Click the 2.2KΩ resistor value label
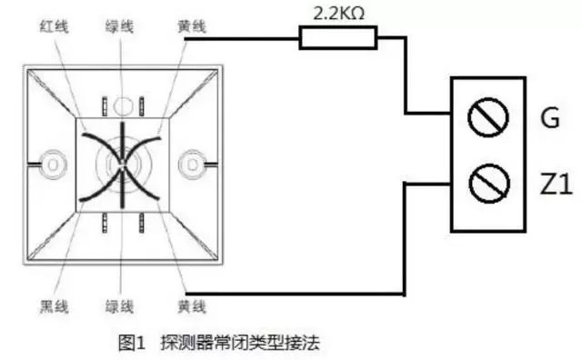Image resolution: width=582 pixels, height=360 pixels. [338, 14]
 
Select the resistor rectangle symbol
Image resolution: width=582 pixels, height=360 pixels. [337, 37]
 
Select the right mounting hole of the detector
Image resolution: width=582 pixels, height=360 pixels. [191, 163]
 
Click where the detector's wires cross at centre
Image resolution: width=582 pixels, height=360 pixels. [121, 165]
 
